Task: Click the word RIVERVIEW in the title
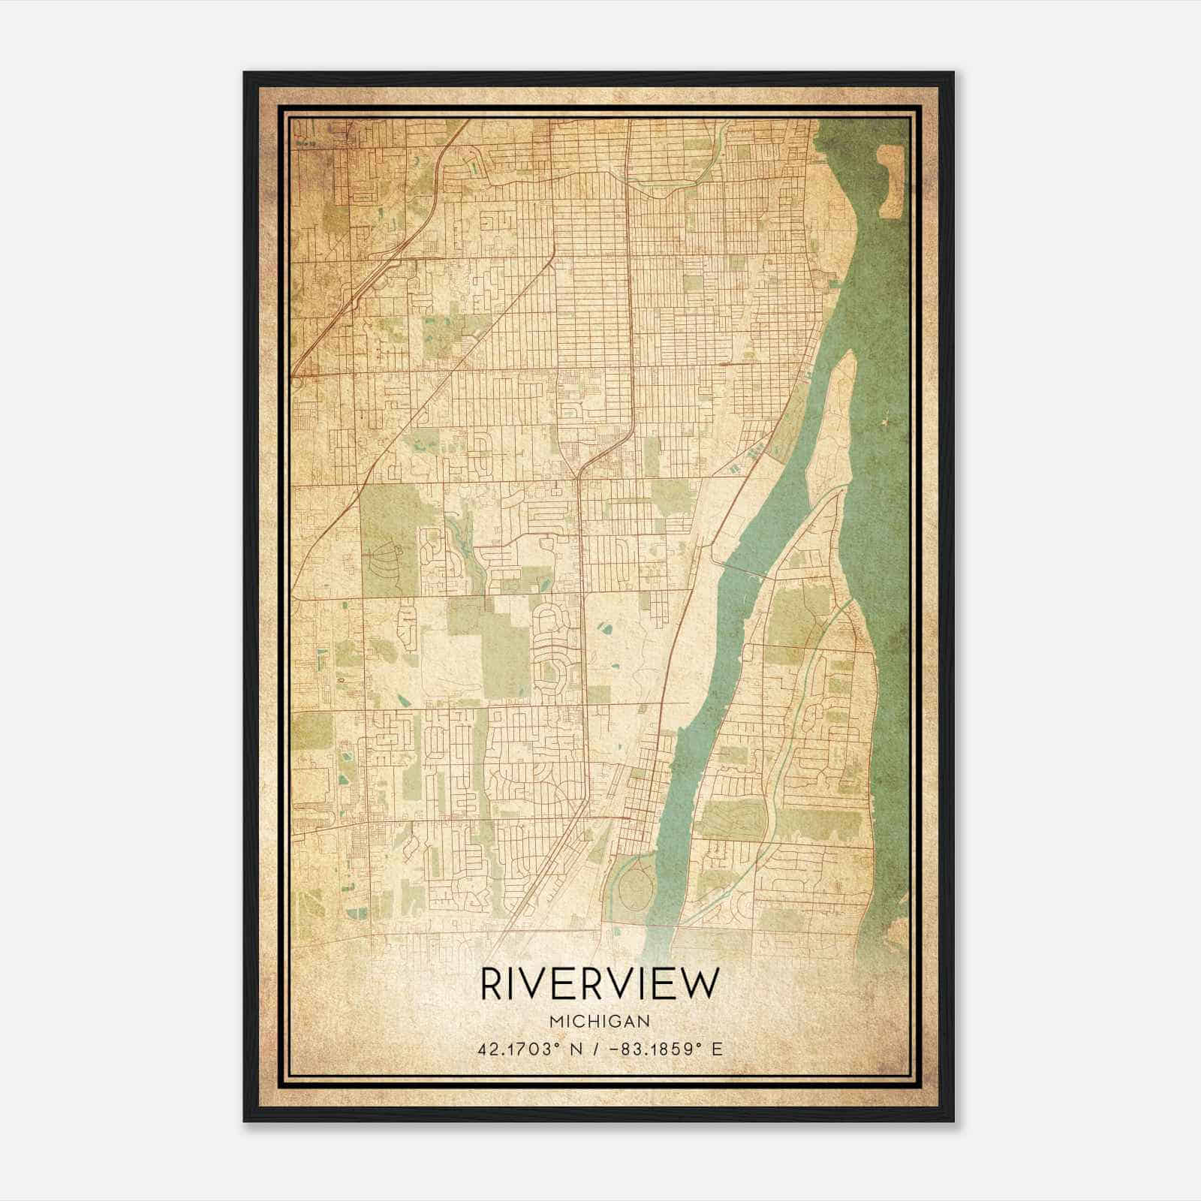click(x=600, y=983)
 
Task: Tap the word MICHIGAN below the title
click(x=600, y=1022)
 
